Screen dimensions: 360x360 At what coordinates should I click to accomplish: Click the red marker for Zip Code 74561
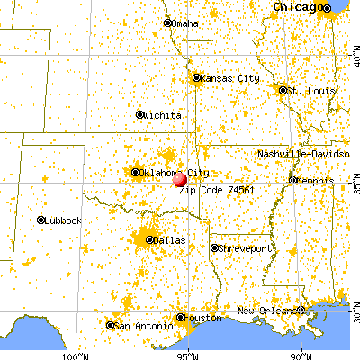pos(180,178)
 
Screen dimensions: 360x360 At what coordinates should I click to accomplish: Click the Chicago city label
pos(301,7)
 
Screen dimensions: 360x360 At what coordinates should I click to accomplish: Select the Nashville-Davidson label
pos(303,155)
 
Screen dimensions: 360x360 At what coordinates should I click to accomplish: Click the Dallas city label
pos(169,240)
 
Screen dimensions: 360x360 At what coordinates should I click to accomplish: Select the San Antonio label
pos(139,326)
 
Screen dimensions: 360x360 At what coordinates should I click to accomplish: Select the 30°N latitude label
pos(355,318)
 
